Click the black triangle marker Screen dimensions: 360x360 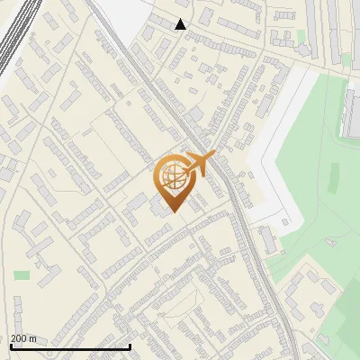[x=181, y=24]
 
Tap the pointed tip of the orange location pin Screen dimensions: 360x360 [x=174, y=212]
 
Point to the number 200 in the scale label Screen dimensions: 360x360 [x=18, y=338]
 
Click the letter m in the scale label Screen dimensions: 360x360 [x=33, y=338]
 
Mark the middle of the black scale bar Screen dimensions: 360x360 [x=70, y=346]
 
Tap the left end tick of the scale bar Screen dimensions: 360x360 [x=11, y=345]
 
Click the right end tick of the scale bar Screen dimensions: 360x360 [x=130, y=345]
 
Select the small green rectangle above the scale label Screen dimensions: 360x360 [x=22, y=275]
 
